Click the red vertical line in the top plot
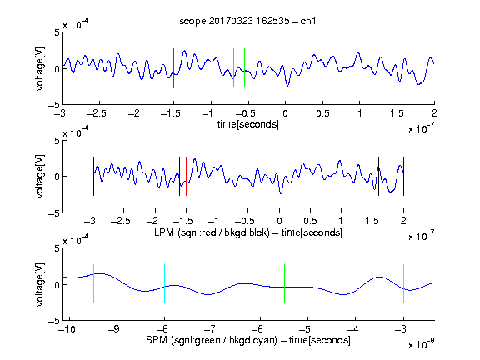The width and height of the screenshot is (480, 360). [x=173, y=68]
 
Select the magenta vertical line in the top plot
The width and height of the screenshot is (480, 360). [x=397, y=68]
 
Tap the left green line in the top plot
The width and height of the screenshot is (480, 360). [x=233, y=68]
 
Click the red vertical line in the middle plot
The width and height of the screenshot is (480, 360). [x=186, y=176]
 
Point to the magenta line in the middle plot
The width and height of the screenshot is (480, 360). [x=372, y=176]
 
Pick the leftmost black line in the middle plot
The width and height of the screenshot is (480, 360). [x=93, y=176]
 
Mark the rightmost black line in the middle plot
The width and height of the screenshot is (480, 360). [x=403, y=176]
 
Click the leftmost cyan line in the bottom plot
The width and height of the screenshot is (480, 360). [x=93, y=284]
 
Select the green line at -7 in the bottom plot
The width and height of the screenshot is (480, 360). [x=212, y=284]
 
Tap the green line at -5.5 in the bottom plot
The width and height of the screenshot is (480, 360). [x=284, y=284]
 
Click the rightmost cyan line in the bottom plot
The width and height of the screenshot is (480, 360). [x=403, y=284]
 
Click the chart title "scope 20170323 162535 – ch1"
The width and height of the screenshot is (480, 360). [x=247, y=21]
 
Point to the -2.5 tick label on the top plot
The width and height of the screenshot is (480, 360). [x=96, y=114]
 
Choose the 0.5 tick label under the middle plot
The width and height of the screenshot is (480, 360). [x=310, y=221]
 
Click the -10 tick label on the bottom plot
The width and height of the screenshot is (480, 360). [x=67, y=329]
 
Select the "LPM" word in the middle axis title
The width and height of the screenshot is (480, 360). [x=164, y=232]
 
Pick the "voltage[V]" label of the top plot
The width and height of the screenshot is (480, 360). [x=40, y=68]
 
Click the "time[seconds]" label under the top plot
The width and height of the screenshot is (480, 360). [x=248, y=125]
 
